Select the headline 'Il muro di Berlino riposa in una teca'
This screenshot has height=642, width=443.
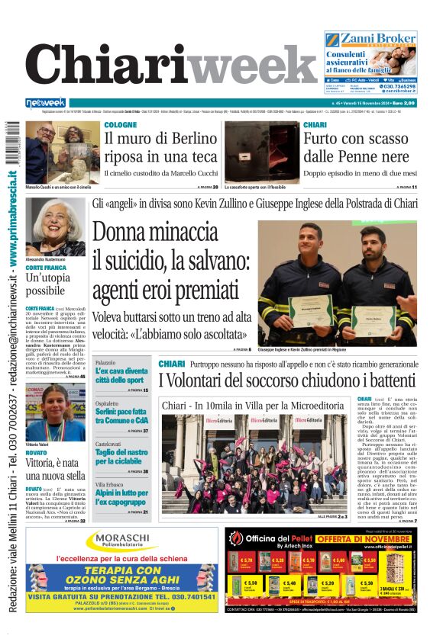[x=160, y=149]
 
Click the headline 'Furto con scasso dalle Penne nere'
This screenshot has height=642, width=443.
[x=355, y=149]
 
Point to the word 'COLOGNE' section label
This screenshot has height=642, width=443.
[x=121, y=125]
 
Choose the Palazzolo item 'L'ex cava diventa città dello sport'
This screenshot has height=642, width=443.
[x=121, y=374]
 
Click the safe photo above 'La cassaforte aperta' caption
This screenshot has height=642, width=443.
[x=256, y=151]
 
